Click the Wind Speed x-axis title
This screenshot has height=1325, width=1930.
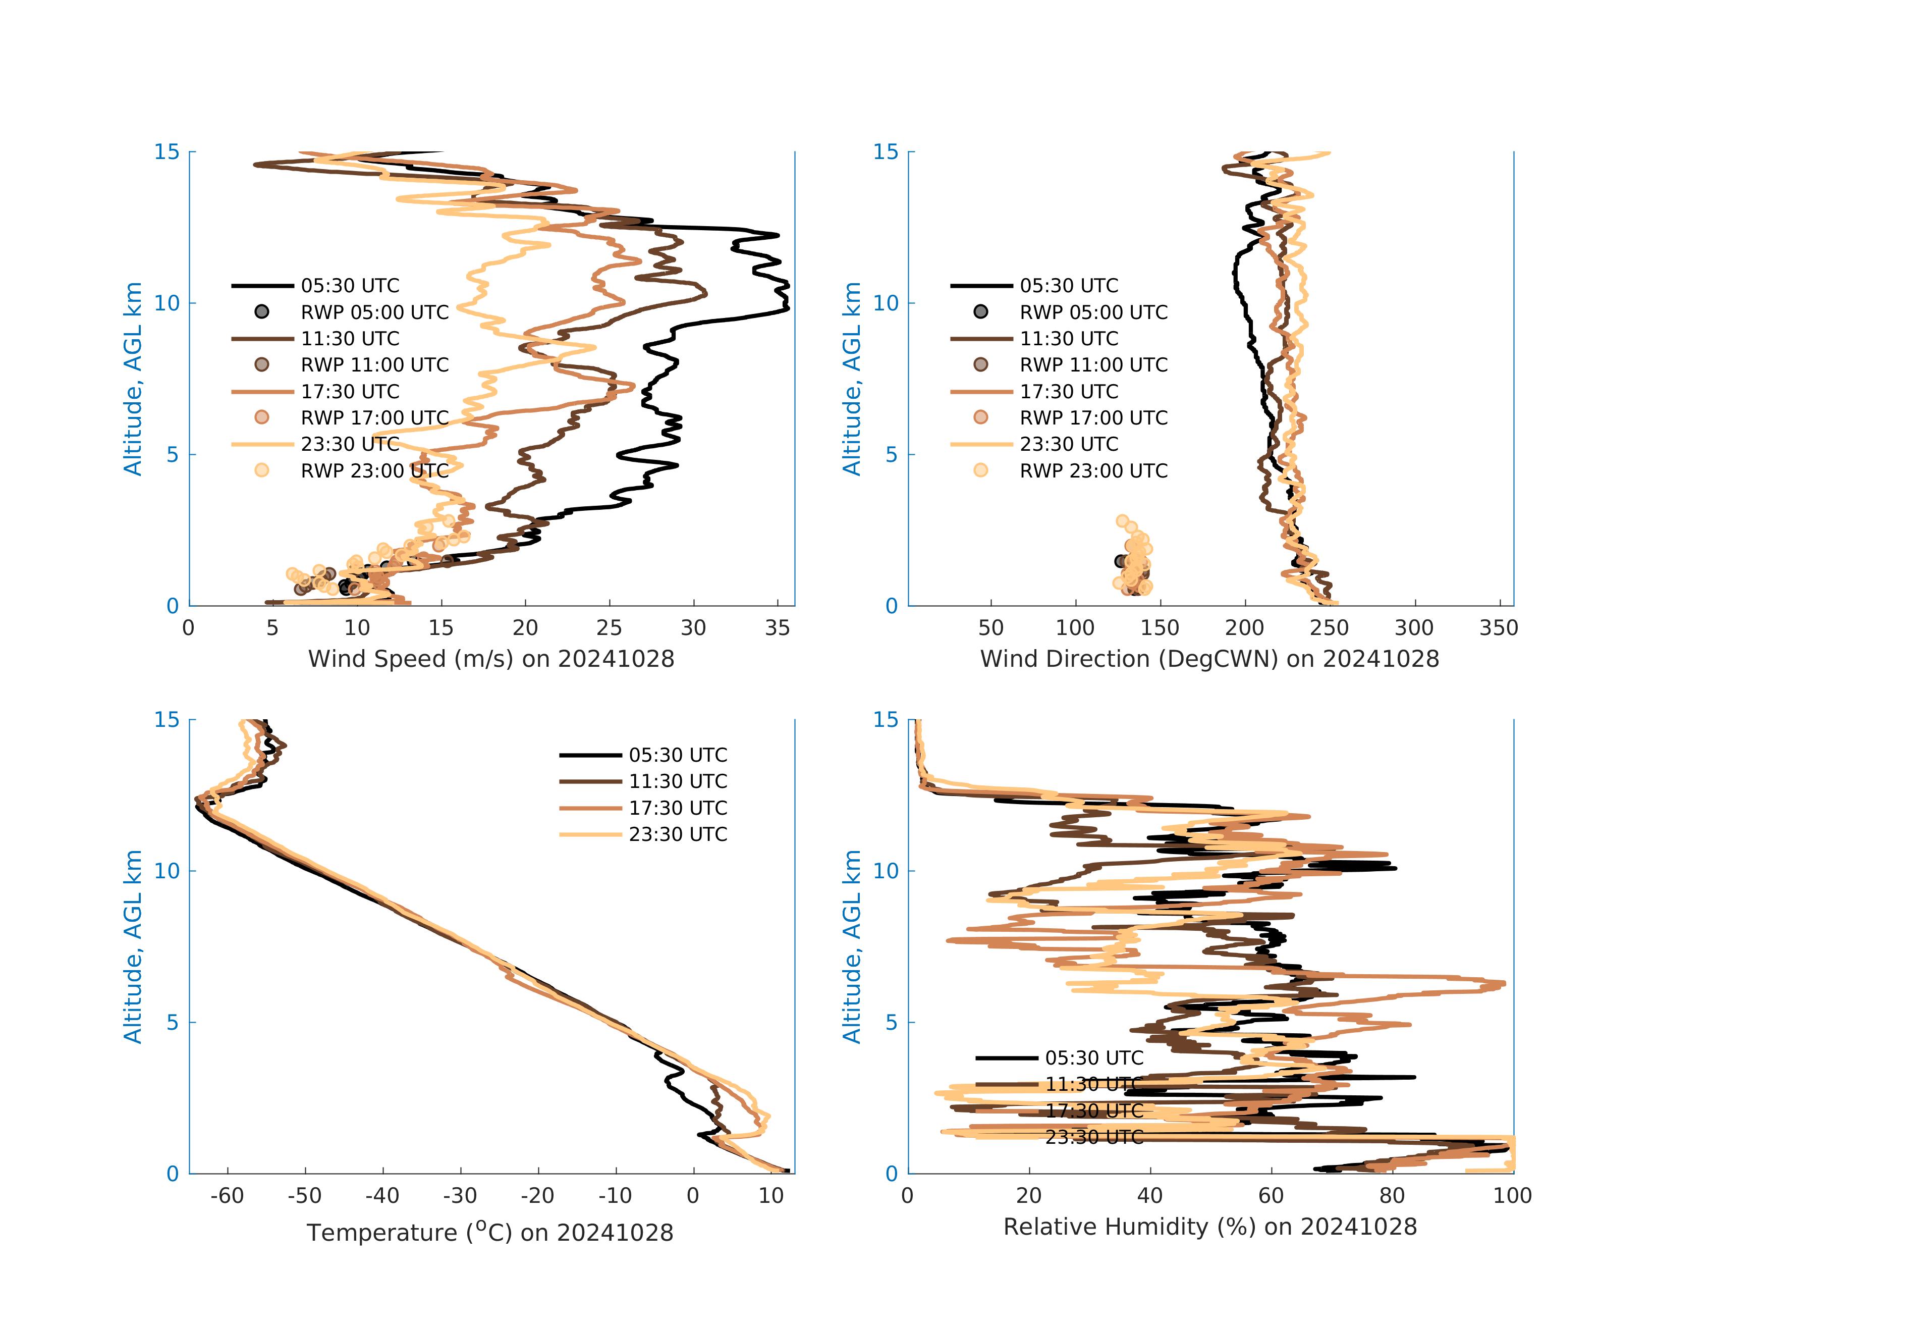491,659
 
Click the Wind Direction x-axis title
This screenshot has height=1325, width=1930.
1209,659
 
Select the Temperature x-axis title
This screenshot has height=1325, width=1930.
490,1232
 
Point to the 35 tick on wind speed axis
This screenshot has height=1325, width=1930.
778,628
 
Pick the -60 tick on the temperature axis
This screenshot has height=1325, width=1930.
227,1196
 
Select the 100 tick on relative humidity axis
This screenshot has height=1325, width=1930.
1512,1196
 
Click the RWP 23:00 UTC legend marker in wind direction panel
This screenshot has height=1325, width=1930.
981,470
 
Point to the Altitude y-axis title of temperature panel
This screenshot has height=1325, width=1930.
133,946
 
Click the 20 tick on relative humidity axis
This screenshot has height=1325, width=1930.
1029,1196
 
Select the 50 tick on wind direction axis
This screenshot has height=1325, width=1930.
991,628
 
